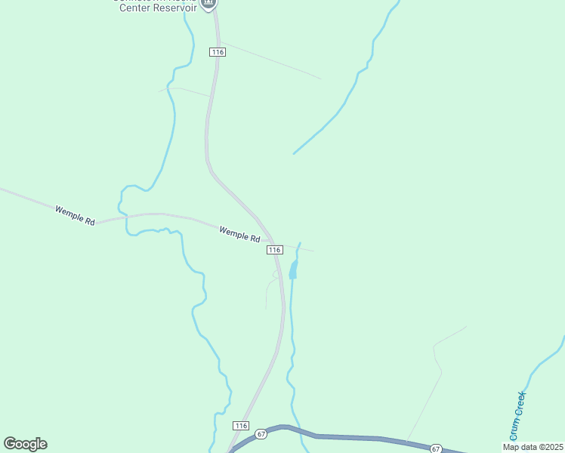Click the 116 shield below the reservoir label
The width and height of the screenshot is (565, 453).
click(218, 51)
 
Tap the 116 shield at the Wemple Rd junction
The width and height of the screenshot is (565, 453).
click(274, 249)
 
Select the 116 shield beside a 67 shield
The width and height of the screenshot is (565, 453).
click(241, 426)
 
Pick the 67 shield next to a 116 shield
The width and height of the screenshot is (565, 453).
click(261, 434)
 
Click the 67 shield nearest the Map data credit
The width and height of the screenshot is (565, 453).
click(436, 448)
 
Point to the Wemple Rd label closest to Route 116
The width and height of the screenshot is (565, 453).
click(239, 233)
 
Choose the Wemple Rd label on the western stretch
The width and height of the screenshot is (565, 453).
click(75, 215)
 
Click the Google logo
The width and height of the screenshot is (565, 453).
click(25, 444)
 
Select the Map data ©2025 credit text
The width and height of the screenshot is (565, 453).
click(533, 447)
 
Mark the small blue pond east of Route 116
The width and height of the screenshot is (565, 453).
click(293, 270)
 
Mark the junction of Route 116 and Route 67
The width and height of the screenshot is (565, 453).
click(231, 450)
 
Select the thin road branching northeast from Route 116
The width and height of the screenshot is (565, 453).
click(272, 60)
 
